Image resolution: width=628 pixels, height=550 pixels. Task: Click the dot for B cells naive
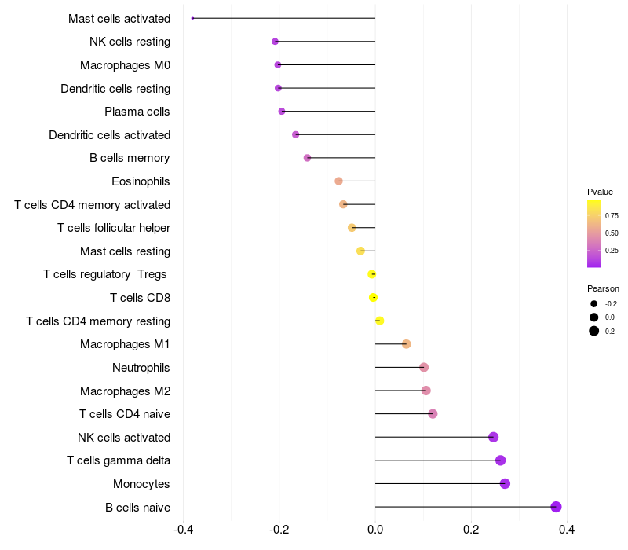[557, 507]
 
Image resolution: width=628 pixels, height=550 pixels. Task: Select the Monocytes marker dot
[505, 483]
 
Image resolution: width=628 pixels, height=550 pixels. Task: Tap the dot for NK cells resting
[275, 42]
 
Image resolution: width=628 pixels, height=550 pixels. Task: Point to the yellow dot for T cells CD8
[374, 297]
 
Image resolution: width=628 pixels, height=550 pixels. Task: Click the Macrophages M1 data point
[406, 344]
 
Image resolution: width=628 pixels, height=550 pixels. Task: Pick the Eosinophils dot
[338, 181]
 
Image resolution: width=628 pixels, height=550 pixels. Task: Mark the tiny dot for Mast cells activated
[192, 18]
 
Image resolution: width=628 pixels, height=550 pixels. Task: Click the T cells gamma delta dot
[501, 460]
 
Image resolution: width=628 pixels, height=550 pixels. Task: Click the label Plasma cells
[137, 112]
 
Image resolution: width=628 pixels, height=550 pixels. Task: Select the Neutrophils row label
[141, 368]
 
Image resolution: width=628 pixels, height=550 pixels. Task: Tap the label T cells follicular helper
[114, 228]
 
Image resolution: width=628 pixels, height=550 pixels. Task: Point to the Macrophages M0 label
[125, 65]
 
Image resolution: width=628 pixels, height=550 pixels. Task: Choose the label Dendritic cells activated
[109, 135]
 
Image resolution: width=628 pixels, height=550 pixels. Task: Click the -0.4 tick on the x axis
[183, 530]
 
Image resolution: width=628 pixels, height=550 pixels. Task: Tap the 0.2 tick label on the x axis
[471, 530]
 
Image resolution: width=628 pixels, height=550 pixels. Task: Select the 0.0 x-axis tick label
[375, 530]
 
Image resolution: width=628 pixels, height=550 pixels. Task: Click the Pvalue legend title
[600, 192]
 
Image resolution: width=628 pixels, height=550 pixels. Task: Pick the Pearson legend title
[603, 288]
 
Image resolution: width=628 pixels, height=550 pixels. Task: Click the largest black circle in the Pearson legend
[594, 331]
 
